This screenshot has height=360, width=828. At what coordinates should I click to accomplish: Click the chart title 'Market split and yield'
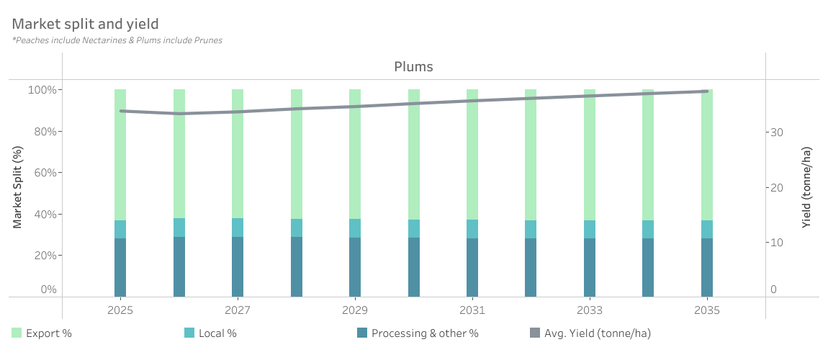tap(86, 24)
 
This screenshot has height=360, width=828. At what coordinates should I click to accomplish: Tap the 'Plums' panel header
tap(413, 67)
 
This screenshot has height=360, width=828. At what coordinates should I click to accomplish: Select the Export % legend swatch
tap(17, 333)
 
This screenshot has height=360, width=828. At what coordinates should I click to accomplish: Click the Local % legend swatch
tap(190, 333)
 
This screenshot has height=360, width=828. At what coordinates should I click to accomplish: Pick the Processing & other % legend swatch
tap(362, 333)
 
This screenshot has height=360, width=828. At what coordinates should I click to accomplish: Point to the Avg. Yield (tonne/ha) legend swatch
tap(535, 333)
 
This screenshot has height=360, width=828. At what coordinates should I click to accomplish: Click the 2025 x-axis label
tap(120, 310)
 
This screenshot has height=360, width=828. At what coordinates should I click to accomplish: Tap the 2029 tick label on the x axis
tap(355, 310)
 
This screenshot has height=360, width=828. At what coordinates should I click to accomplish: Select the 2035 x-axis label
tap(707, 310)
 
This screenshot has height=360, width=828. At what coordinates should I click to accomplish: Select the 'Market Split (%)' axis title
tap(18, 187)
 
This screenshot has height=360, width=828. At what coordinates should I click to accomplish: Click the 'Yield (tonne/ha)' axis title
tap(807, 187)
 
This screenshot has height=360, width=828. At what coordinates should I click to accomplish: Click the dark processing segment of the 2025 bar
tap(120, 267)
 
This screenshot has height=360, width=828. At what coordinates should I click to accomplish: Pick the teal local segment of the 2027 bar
tap(238, 228)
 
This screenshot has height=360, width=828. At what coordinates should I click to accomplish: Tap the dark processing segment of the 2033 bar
tap(590, 267)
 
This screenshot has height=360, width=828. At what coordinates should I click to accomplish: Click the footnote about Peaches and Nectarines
tap(117, 40)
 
